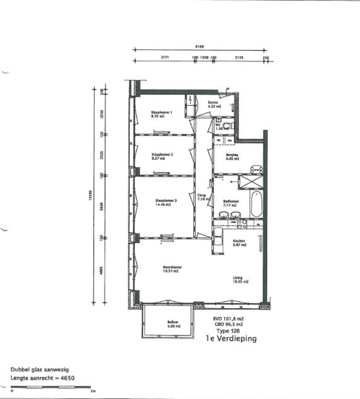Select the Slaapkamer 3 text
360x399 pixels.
pos(166,201)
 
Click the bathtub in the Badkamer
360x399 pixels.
pos(256,203)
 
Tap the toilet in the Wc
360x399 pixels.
pos(227,125)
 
